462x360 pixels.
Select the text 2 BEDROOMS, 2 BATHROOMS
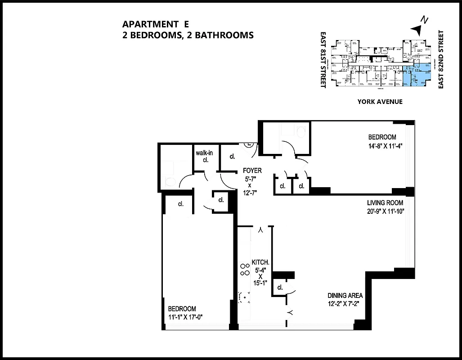pos(188,35)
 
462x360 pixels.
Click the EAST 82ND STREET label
pos(441,59)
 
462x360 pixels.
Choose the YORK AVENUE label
pos(380,102)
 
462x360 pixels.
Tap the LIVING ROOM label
pos(385,203)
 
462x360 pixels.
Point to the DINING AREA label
pos(345,296)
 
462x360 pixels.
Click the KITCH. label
pos(260,262)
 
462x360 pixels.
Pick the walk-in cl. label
pos(204,153)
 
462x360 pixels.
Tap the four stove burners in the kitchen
pos(245,270)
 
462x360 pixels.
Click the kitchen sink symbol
pos(244,296)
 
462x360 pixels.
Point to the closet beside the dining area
pos(280,288)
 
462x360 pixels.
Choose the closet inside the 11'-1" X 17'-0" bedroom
pos(181,204)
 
